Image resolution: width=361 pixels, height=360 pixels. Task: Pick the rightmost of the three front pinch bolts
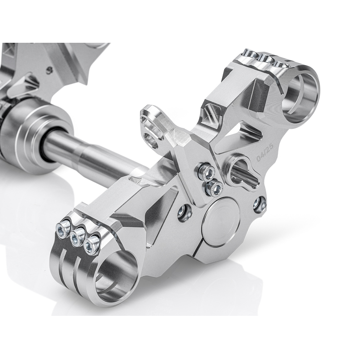point(93,245)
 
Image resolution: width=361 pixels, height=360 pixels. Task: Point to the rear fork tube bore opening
point(302,94)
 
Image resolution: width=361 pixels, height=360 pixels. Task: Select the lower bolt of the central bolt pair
point(213,186)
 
